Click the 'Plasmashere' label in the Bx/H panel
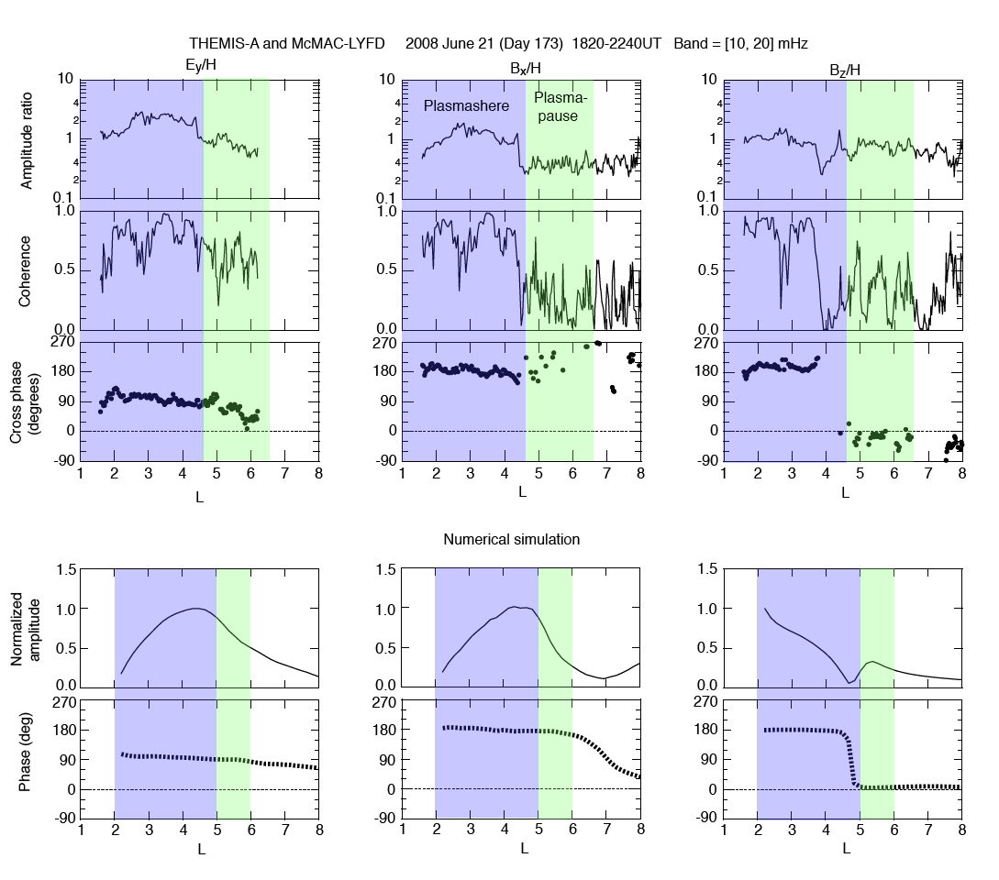point(466,106)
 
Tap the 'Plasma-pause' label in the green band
point(560,106)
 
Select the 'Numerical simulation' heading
point(511,540)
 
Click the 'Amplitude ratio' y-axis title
point(27,138)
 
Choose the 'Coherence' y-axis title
point(27,269)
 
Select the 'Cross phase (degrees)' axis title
point(27,401)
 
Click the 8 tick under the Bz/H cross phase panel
point(961,474)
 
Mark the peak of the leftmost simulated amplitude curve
point(196,608)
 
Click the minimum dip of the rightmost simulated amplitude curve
point(849,682)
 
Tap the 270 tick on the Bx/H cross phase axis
point(383,343)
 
